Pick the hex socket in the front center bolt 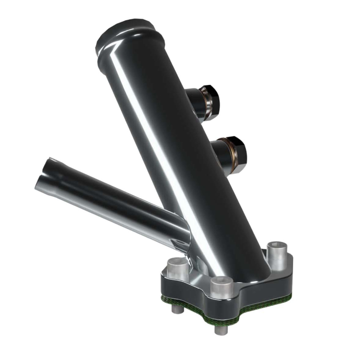222,281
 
